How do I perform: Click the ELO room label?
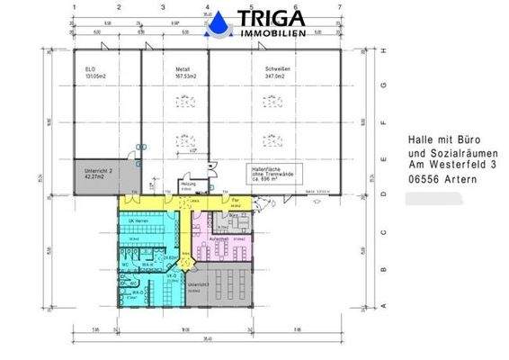(x=91, y=69)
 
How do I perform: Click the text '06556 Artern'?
(x=441, y=180)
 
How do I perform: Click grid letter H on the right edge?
(x=384, y=50)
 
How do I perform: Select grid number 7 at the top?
(x=338, y=7)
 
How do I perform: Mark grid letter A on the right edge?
(x=384, y=307)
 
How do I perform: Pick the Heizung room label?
(x=188, y=186)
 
